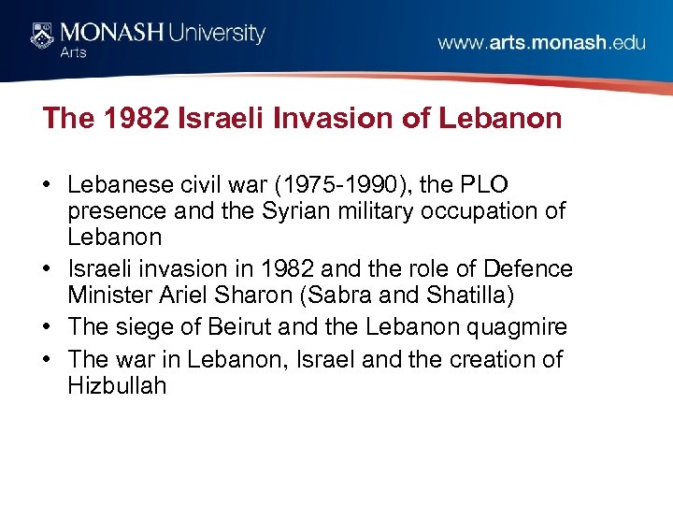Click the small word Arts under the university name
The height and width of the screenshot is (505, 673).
(x=73, y=52)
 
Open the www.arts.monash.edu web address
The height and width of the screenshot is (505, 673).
(x=541, y=43)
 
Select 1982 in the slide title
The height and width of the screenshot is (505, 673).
(x=126, y=119)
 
